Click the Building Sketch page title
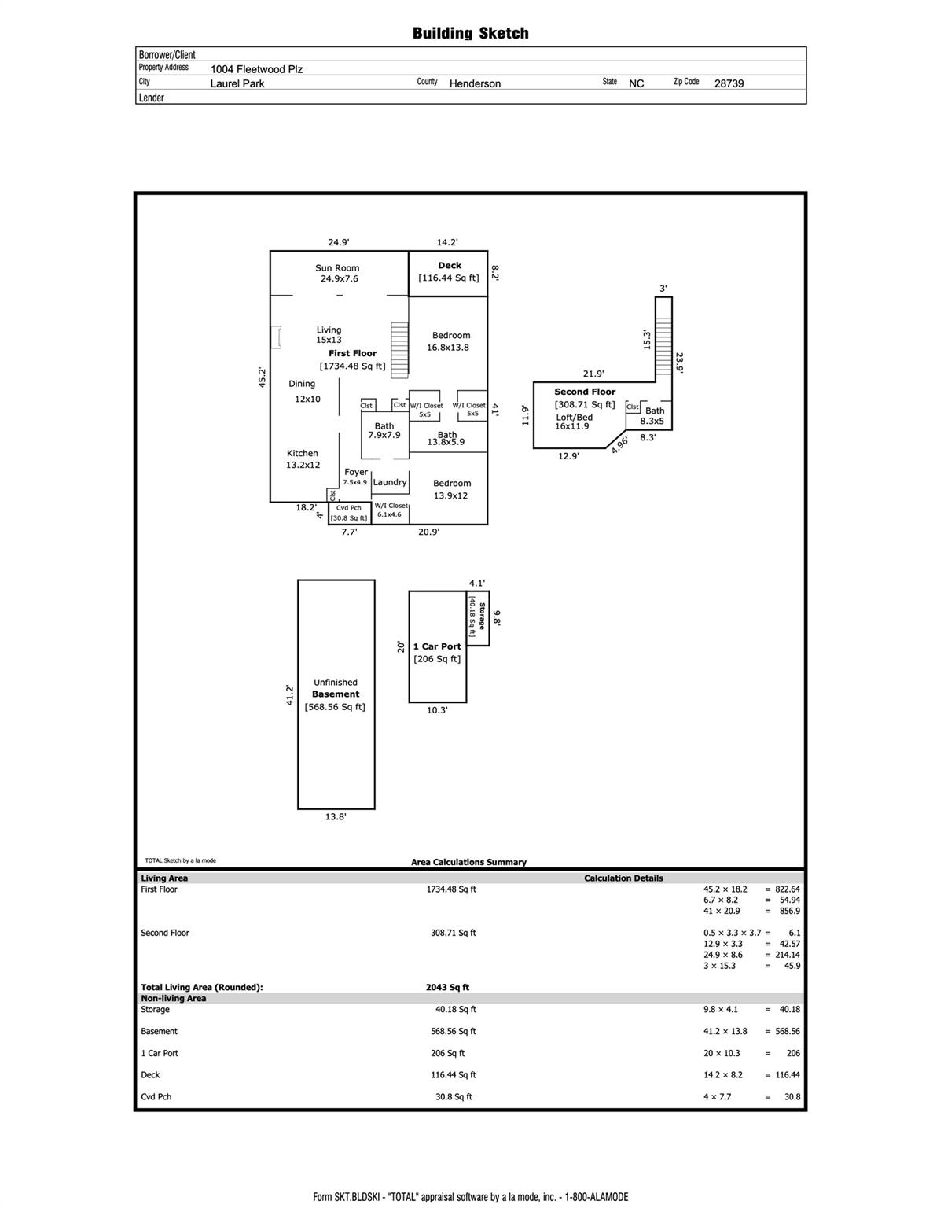click(470, 33)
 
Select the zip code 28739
click(728, 83)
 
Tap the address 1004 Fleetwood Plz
click(256, 69)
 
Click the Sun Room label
click(337, 268)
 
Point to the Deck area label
click(449, 271)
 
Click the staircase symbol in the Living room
click(400, 349)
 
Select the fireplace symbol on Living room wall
click(276, 337)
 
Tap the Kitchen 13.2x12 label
click(303, 459)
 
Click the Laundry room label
click(390, 482)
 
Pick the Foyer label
click(355, 473)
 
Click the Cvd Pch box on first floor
click(349, 513)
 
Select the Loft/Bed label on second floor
click(573, 418)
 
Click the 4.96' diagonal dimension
click(619, 444)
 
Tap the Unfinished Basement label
click(336, 688)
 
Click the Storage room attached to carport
click(478, 618)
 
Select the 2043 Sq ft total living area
click(447, 987)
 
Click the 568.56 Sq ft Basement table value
click(455, 1031)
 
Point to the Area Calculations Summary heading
click(468, 862)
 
